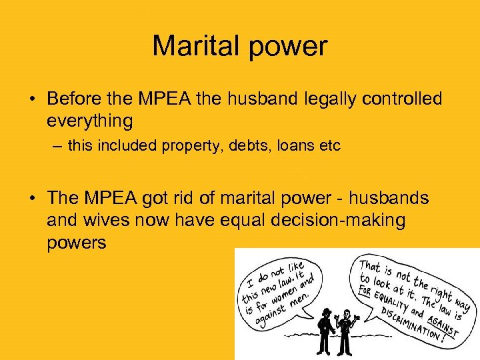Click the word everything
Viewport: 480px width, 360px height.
[90, 121]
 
